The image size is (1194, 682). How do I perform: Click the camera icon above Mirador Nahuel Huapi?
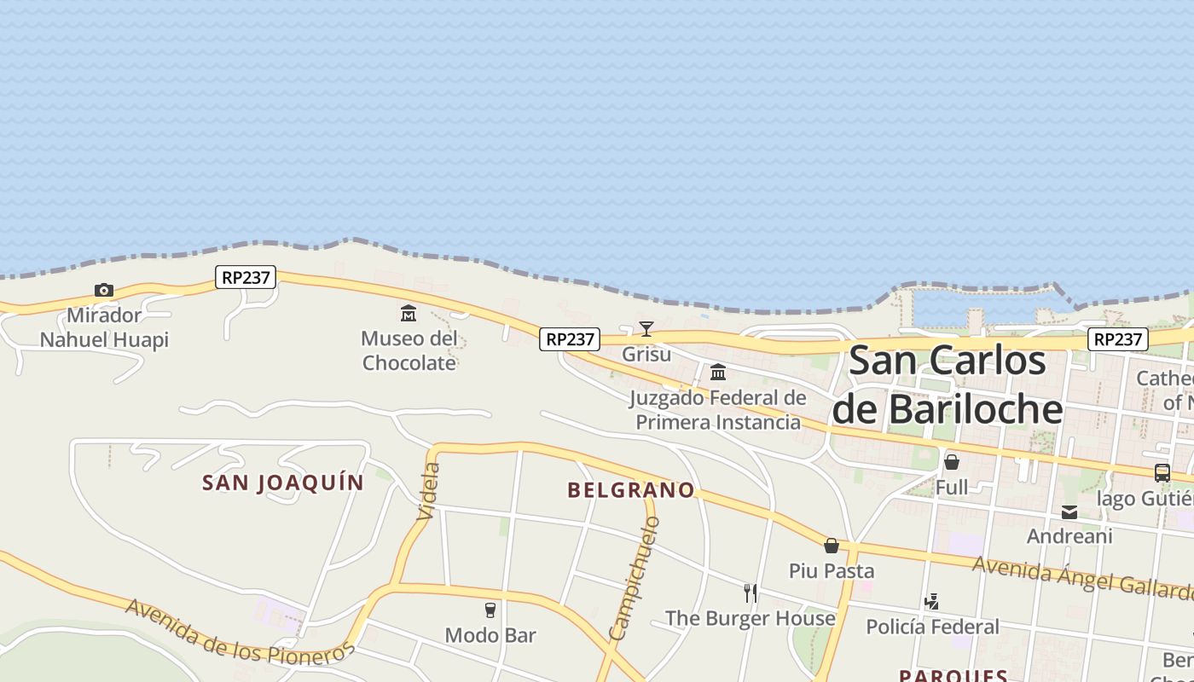tap(104, 291)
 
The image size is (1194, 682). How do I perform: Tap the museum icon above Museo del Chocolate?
tap(409, 313)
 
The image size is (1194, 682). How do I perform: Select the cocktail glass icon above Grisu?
tap(646, 329)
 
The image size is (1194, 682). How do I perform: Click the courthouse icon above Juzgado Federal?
tap(718, 373)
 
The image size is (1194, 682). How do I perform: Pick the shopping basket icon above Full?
tap(952, 462)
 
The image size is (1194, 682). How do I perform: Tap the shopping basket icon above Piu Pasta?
tap(832, 546)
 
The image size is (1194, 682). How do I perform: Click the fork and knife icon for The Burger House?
tap(751, 592)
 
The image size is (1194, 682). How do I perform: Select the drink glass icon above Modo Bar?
tap(490, 610)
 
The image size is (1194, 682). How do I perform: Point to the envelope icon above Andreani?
tap(1069, 512)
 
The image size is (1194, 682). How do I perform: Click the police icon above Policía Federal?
tap(932, 602)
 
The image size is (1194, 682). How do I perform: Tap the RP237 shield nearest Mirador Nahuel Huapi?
tap(246, 277)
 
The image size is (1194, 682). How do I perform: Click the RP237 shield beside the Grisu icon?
tap(570, 339)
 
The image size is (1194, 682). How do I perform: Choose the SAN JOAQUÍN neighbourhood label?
tap(283, 483)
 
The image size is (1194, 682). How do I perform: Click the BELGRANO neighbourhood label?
tap(631, 490)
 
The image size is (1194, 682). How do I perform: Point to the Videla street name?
tap(430, 491)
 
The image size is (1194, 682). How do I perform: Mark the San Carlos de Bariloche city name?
tap(948, 384)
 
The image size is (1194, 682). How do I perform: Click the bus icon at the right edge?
tap(1162, 472)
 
